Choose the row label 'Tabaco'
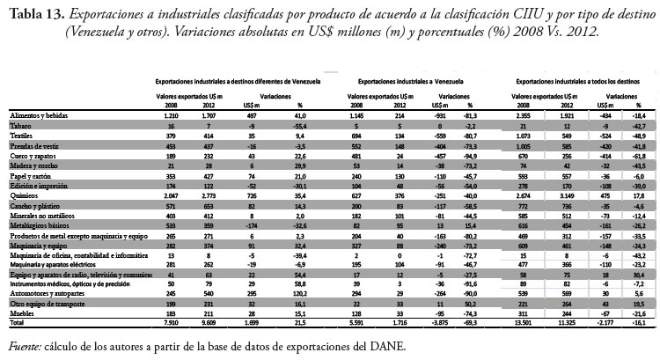pyautogui.click(x=20, y=127)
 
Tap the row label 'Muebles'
pyautogui.click(x=23, y=314)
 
